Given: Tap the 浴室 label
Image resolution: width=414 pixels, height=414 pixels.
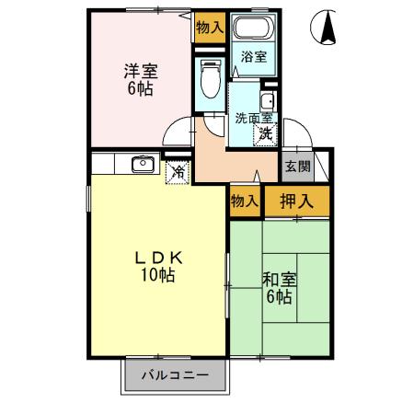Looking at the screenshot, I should (x=253, y=57).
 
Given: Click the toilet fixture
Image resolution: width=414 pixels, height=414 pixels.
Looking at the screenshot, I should (x=209, y=81).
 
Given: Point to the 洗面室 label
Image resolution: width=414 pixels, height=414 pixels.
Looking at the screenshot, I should (x=253, y=118).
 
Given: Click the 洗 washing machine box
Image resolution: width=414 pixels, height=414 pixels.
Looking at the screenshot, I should (x=265, y=133).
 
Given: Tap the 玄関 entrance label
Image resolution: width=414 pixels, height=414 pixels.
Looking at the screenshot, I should (x=296, y=167).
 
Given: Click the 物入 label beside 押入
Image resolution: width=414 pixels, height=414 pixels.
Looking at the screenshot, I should (x=244, y=201).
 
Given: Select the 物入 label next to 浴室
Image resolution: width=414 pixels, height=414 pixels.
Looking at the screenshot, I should (x=209, y=29).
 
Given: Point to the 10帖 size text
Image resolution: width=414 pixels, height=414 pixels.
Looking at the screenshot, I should (x=157, y=277).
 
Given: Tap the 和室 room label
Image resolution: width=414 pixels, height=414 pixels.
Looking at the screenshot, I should (x=279, y=279).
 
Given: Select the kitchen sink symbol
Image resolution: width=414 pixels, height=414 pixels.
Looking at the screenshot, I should (x=143, y=166).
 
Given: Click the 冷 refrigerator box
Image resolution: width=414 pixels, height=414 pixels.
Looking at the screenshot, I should (x=177, y=171).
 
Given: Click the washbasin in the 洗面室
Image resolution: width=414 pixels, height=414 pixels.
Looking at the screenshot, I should (x=268, y=103).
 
